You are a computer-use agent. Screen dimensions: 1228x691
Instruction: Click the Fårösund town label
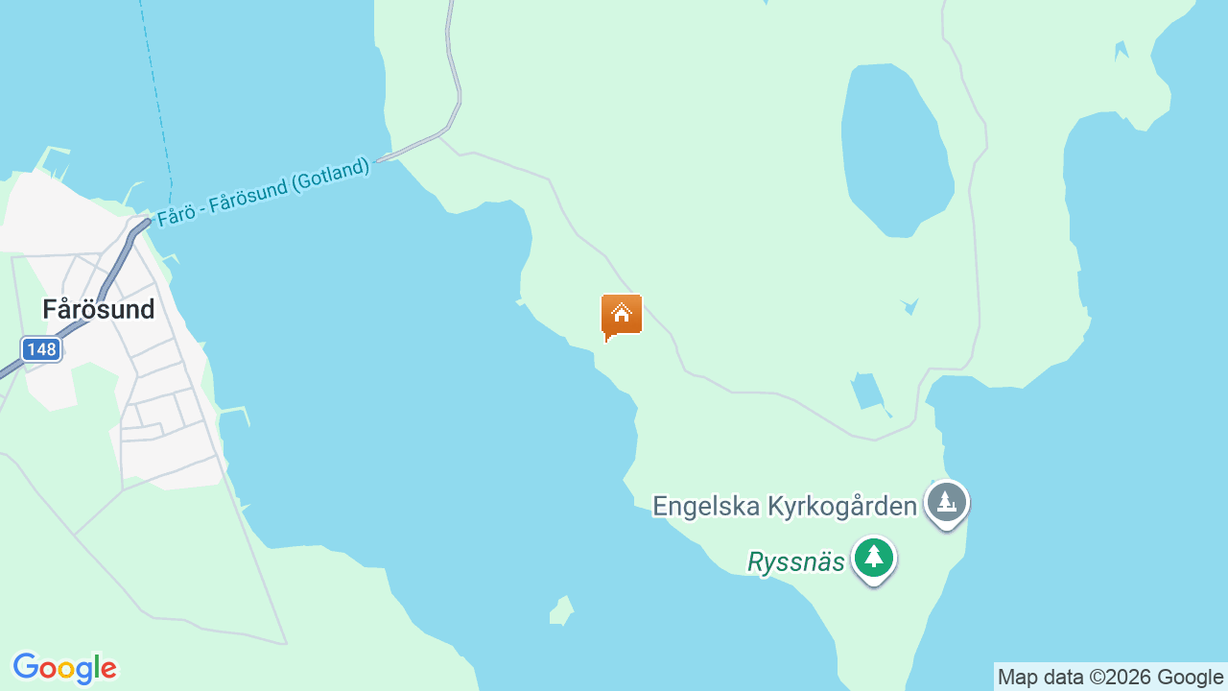tap(98, 309)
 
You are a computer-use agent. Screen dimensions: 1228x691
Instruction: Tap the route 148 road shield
tap(41, 349)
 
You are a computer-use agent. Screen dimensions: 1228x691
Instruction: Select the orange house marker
tap(621, 316)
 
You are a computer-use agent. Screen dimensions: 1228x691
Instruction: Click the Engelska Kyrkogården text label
tap(784, 506)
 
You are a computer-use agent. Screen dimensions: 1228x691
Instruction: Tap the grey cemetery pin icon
tap(947, 502)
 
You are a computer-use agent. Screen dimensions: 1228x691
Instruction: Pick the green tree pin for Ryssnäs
tap(873, 558)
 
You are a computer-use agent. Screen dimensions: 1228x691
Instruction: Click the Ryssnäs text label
tap(795, 561)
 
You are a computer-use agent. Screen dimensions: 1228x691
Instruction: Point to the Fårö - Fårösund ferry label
tap(263, 192)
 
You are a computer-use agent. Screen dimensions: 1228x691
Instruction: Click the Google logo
tap(64, 668)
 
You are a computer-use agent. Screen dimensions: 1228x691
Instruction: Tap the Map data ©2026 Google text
tap(1110, 677)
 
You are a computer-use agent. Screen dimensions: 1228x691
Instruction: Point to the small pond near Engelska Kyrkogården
tap(867, 391)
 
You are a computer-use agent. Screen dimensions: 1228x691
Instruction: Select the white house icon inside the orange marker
tap(621, 313)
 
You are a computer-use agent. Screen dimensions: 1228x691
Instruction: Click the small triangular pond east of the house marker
tap(909, 306)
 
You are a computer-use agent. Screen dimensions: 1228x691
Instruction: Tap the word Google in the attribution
tap(1190, 677)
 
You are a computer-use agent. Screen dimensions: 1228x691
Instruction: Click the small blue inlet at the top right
tap(1121, 50)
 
